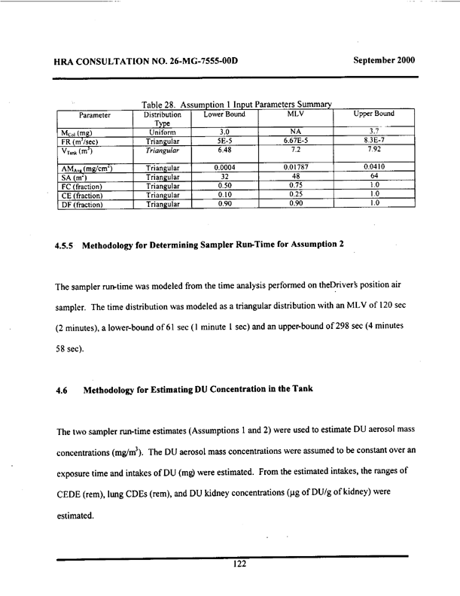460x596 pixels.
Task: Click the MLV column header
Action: coord(294,114)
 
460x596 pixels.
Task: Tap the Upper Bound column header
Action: coord(375,114)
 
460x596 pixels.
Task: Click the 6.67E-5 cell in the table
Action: coord(294,140)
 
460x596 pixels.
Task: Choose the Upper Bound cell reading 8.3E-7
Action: coord(375,140)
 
